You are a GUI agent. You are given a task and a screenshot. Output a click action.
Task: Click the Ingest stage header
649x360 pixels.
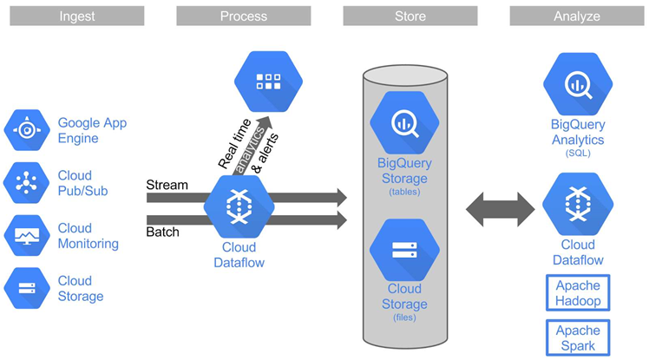76,16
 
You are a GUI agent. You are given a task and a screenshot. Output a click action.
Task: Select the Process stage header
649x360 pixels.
243,16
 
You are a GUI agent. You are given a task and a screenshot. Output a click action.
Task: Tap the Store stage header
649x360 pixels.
410,16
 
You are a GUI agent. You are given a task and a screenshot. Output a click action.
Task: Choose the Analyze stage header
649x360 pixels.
576,16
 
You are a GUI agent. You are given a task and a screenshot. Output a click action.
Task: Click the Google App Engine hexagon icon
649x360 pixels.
28,131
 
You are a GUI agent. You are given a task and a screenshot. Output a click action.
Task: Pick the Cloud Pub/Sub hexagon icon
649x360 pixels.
28,182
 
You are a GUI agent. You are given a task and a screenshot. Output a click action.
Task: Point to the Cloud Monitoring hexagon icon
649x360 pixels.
28,235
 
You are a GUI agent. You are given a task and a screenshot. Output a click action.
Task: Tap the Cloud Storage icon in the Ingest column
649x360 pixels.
28,288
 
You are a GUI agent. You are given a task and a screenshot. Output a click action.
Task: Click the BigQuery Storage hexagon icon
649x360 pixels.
403,121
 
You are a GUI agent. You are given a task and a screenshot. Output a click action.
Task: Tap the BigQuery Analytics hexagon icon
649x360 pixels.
577,84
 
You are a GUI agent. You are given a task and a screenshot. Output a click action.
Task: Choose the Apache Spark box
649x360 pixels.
578,337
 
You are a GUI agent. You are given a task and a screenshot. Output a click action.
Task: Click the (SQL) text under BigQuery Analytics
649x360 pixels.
577,154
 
